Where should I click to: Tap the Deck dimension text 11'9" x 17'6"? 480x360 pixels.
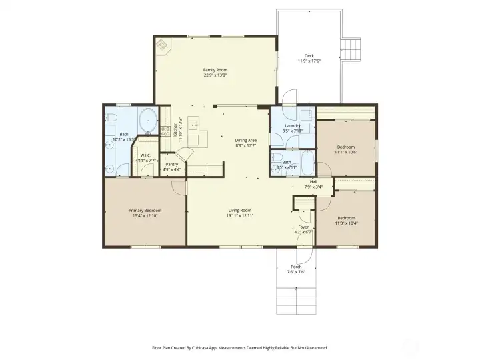pyautogui.click(x=309, y=61)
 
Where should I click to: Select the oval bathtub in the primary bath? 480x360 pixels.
pyautogui.click(x=147, y=123)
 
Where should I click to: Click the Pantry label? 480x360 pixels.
pyautogui.click(x=171, y=163)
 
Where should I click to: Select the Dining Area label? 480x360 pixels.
pyautogui.click(x=245, y=140)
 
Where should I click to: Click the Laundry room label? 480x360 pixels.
pyautogui.click(x=292, y=125)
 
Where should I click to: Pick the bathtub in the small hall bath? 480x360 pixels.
pyautogui.click(x=306, y=162)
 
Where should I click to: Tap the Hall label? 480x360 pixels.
pyautogui.click(x=313, y=181)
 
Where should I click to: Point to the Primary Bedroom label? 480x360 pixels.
pyautogui.click(x=145, y=210)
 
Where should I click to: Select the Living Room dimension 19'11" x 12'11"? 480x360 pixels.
pyautogui.click(x=239, y=215)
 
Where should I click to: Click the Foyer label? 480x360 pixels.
pyautogui.click(x=303, y=227)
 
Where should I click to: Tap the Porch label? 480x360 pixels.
pyautogui.click(x=296, y=267)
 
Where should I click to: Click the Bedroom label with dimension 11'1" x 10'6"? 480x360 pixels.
pyautogui.click(x=345, y=147)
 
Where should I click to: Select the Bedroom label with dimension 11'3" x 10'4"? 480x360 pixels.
pyautogui.click(x=345, y=218)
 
